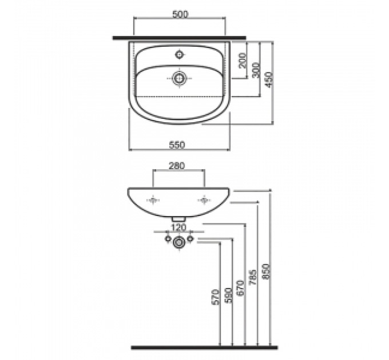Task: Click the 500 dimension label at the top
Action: [x=181, y=14]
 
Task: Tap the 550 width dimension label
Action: [x=177, y=145]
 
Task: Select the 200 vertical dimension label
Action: [x=243, y=60]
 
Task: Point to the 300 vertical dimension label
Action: [x=256, y=70]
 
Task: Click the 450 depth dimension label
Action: [x=269, y=79]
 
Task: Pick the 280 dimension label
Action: [x=177, y=166]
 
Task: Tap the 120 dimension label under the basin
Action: [x=179, y=227]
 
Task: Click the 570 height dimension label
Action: [x=216, y=297]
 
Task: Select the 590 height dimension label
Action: [x=228, y=295]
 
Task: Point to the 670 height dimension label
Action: [x=241, y=288]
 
